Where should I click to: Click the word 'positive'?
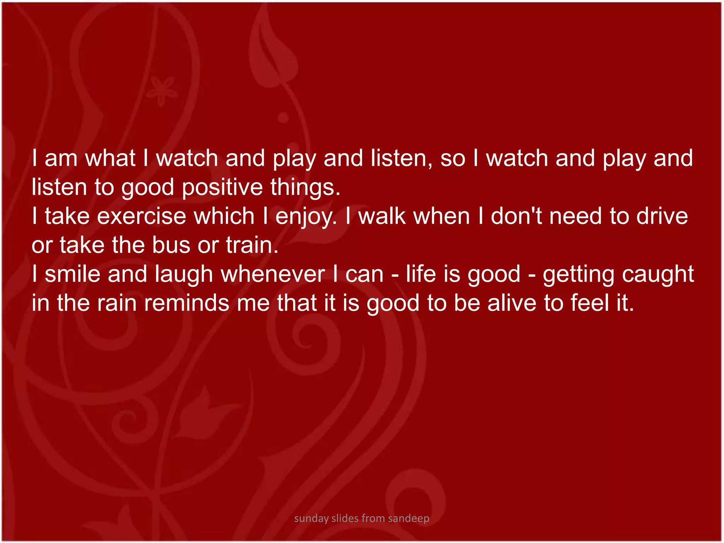222,187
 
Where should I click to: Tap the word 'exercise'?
141,216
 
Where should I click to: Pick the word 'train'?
251,245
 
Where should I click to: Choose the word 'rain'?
117,303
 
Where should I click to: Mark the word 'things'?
305,187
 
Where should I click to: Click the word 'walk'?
382,216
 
